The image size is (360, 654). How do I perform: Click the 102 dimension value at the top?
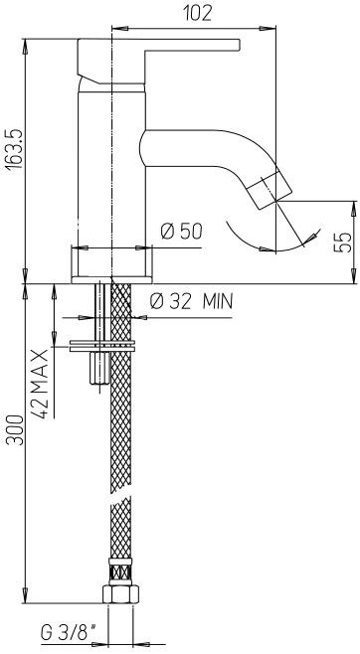point(198,14)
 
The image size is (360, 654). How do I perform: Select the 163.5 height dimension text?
point(16,149)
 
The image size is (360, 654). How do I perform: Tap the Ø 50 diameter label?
point(181,231)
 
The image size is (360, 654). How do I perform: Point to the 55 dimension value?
point(342,243)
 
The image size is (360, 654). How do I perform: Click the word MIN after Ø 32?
point(218,301)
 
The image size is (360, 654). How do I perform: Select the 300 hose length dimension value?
point(16,430)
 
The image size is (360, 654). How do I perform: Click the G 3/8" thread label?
point(68,633)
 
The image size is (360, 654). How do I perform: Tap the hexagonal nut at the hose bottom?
point(120,593)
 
